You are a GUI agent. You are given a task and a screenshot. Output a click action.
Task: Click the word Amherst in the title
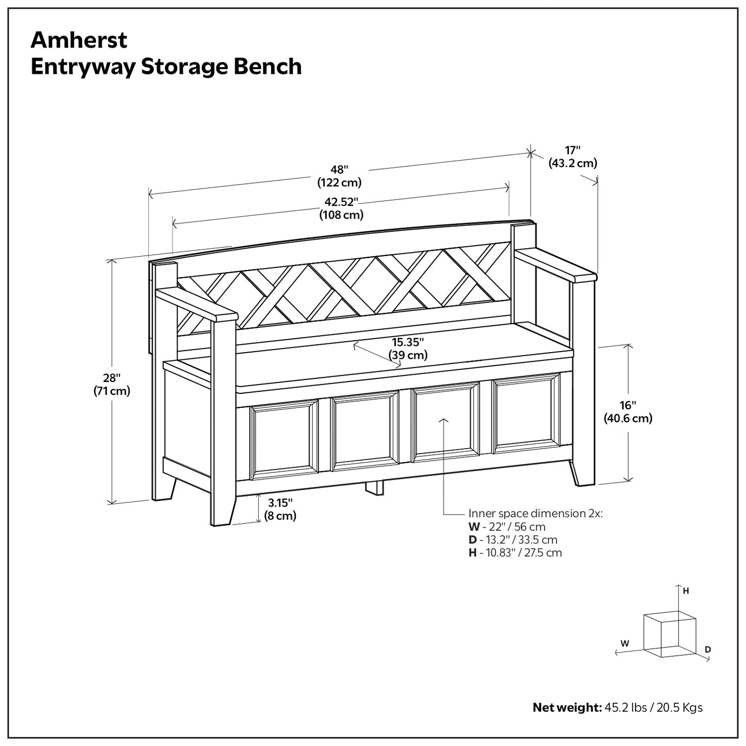tap(78, 40)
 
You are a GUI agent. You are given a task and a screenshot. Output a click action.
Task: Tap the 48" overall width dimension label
tap(339, 176)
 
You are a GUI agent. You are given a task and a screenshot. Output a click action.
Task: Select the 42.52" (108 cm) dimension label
tap(341, 208)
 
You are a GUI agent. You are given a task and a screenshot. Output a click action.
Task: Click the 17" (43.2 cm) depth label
tap(572, 156)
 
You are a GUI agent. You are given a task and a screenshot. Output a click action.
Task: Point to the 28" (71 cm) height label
tap(112, 385)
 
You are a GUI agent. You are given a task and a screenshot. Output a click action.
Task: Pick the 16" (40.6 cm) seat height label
tap(628, 411)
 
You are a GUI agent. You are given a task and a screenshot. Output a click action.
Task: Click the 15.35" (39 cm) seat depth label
tap(407, 348)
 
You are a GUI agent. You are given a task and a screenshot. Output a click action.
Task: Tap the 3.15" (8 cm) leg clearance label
tap(280, 509)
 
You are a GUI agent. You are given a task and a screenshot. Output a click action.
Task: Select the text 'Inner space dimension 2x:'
tap(535, 513)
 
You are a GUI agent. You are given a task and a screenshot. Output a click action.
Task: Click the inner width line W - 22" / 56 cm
tap(507, 527)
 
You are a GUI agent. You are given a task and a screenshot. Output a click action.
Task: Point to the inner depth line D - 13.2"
tap(513, 539)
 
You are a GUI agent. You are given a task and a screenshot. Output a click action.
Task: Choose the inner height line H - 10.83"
tap(515, 552)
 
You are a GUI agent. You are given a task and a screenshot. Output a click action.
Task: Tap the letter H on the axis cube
tap(686, 591)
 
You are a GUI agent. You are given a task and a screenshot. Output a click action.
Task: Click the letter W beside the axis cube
tap(625, 643)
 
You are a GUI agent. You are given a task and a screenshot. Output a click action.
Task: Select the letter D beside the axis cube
tap(708, 649)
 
